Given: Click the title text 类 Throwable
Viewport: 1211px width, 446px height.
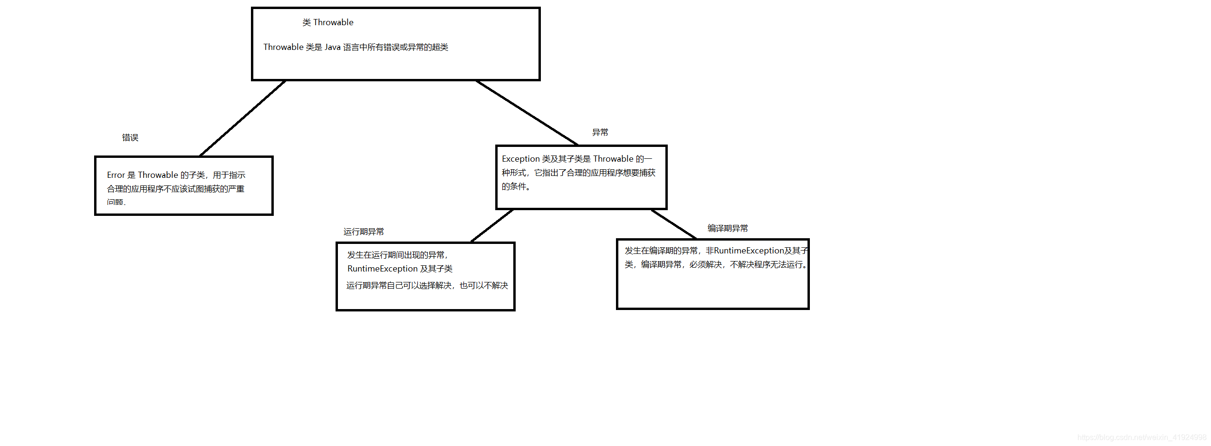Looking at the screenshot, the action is tap(328, 22).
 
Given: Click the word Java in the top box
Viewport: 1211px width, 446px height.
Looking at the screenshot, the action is tap(332, 47).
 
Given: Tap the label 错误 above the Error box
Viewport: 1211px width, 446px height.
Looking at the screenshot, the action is tap(130, 137).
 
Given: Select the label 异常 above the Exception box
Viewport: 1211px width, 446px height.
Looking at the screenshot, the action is tap(600, 132).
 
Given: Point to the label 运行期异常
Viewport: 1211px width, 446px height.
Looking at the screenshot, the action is tap(364, 232).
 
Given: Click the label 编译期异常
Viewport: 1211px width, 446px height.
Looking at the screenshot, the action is tap(728, 228).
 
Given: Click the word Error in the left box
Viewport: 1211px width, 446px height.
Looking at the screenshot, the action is tap(116, 175).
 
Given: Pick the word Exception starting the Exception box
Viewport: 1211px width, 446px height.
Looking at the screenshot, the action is tap(520, 159).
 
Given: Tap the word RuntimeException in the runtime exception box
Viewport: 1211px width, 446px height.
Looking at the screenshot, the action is tap(382, 269).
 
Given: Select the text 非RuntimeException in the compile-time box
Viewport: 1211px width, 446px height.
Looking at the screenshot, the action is tap(744, 251).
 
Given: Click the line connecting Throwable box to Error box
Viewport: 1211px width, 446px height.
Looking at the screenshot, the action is tap(242, 118).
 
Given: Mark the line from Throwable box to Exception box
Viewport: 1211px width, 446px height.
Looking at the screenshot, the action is tap(527, 113).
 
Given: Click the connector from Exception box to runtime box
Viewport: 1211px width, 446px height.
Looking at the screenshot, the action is tap(492, 226).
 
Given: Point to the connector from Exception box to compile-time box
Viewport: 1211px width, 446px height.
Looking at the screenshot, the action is tap(674, 224).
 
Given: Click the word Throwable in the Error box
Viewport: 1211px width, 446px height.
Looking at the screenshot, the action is tap(158, 175).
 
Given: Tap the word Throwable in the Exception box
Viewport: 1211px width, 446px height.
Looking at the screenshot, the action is tap(613, 159).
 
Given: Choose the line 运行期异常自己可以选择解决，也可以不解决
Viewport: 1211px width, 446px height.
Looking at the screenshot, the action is tap(427, 285).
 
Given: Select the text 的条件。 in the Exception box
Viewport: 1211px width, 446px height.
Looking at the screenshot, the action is tap(516, 186).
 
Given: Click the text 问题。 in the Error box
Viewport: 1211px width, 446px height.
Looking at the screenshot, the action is tap(116, 202).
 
